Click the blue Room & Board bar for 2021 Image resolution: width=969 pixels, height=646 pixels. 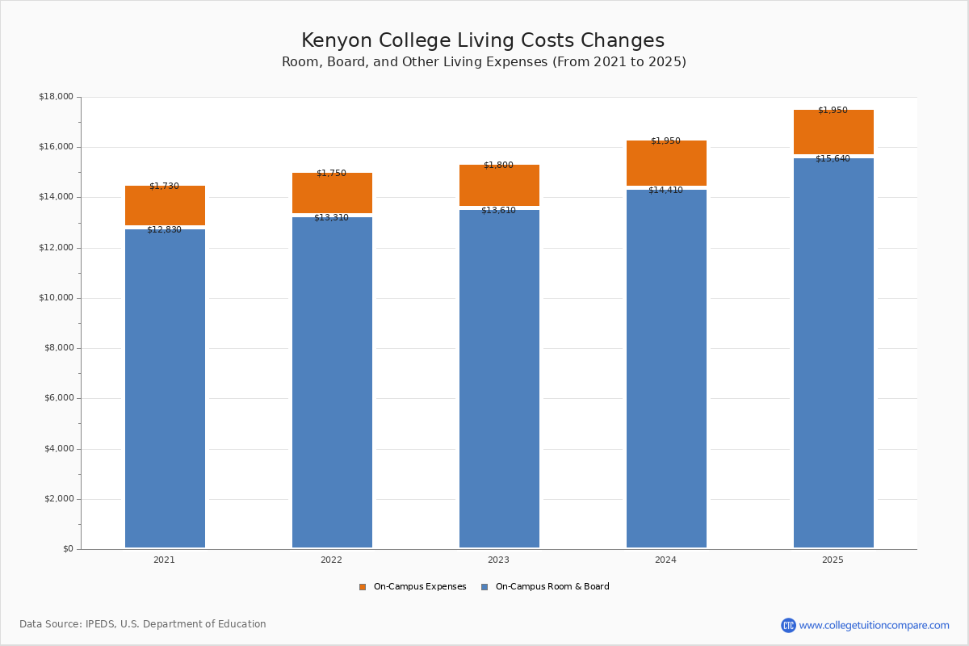coord(165,388)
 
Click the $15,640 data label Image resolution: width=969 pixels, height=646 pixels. coord(833,159)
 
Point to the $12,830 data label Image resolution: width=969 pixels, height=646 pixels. coord(164,230)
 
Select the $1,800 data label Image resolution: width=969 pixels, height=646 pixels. coord(498,166)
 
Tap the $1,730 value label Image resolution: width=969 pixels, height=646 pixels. coord(164,187)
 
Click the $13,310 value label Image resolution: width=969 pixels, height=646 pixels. coord(331,218)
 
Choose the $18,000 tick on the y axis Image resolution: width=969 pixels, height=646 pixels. coord(56,97)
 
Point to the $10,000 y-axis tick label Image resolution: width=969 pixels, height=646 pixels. coord(56,298)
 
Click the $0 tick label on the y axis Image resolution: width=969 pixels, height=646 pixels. coord(67,549)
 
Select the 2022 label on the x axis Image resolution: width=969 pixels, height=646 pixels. coord(331,560)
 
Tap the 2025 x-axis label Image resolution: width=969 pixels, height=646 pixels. coord(833,560)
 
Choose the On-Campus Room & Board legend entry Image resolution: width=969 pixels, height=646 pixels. coord(552,587)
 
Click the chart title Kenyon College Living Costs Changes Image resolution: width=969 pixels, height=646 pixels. coord(483,41)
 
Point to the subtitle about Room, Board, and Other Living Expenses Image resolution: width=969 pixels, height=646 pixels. coord(484,62)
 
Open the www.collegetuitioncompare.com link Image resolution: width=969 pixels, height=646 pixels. coord(874,625)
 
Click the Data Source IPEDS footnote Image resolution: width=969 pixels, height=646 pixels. coord(143,624)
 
